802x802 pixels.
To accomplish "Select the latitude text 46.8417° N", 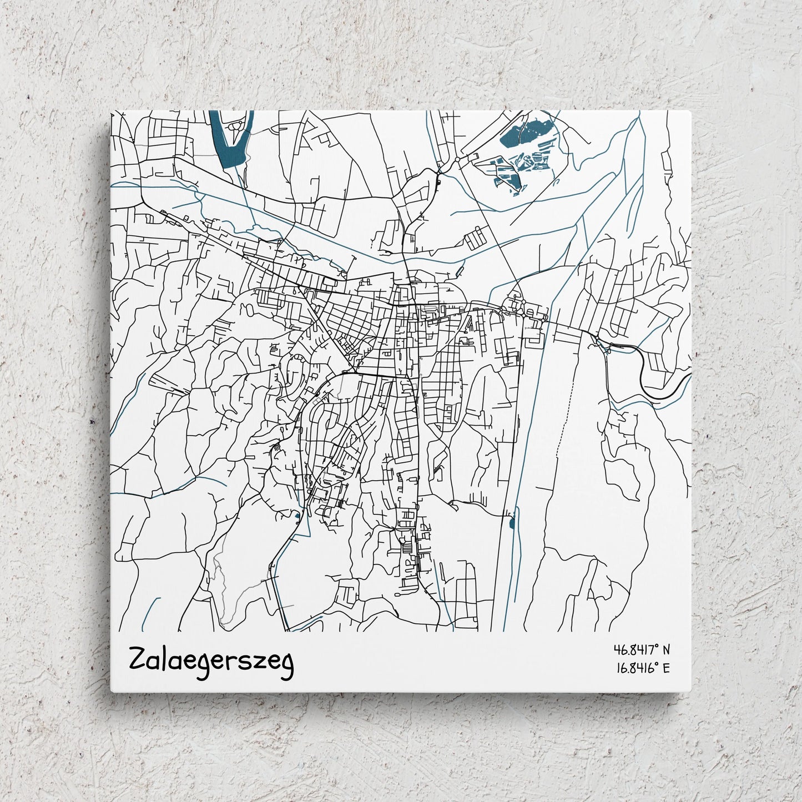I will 642,649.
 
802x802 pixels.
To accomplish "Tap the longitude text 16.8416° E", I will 642,668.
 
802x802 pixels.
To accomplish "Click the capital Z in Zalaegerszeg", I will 137,659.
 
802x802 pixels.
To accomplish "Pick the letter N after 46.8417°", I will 666,649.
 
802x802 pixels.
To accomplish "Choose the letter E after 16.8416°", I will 666,668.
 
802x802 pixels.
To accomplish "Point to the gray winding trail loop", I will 222,588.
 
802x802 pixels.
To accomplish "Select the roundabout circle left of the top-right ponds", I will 457,159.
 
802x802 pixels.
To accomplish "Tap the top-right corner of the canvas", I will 691,111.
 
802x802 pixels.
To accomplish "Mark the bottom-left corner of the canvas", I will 111,692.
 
